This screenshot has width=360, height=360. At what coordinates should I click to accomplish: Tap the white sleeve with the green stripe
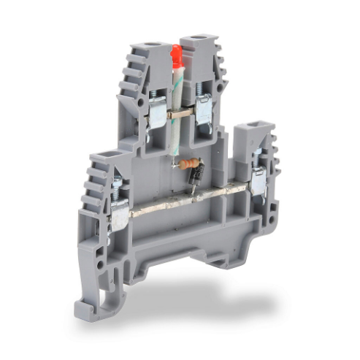(x=175, y=110)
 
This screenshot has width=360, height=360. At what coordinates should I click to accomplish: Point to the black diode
(x=196, y=176)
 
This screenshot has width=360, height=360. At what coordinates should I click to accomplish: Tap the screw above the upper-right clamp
(x=202, y=89)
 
